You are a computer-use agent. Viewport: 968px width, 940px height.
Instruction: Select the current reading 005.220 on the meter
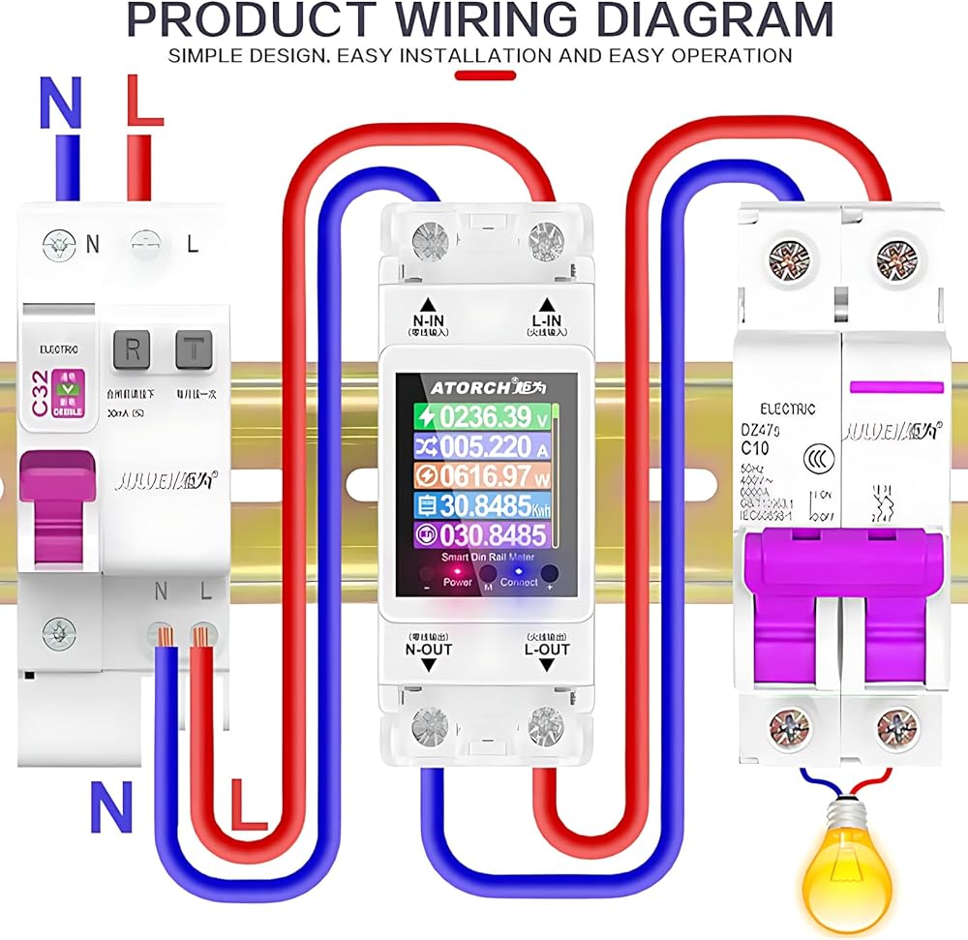tap(474, 446)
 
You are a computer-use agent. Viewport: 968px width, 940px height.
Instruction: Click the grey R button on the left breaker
tap(133, 350)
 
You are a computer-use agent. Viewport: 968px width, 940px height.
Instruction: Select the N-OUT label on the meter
tap(428, 649)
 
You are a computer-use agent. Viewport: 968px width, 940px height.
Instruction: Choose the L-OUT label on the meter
tap(546, 649)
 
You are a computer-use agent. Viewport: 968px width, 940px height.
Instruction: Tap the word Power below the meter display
tap(458, 583)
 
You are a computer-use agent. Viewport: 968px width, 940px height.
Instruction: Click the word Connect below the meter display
tap(519, 583)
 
